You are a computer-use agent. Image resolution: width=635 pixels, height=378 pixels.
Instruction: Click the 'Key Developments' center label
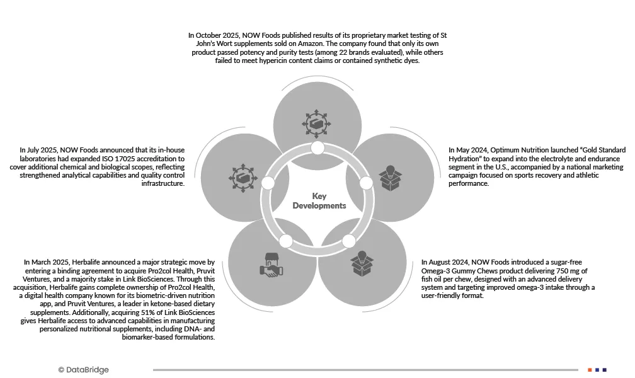click(x=319, y=201)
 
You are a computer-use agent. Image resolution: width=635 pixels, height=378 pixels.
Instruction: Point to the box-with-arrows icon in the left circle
click(x=243, y=177)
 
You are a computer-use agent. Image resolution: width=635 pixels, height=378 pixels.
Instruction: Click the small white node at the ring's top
click(x=317, y=148)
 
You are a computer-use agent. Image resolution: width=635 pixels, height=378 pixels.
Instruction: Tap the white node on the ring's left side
click(x=268, y=183)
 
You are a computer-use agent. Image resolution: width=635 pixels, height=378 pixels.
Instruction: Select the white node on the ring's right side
click(x=367, y=183)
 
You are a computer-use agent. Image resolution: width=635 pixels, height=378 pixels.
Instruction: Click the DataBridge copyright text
click(x=83, y=370)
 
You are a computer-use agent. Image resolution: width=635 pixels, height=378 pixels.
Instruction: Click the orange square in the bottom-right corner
click(x=590, y=370)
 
